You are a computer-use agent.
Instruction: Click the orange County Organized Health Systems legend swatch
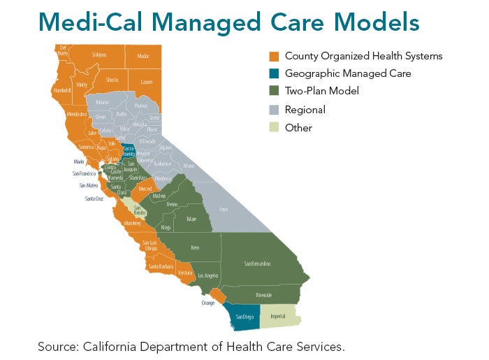coord(275,56)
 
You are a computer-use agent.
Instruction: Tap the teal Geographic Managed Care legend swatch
coord(275,73)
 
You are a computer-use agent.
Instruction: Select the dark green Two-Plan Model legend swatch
coord(275,92)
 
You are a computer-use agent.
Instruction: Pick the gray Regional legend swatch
coord(275,110)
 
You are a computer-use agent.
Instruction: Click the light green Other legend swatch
coord(275,128)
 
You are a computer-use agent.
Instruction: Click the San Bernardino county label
coord(257,263)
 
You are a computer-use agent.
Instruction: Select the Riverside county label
coord(264,294)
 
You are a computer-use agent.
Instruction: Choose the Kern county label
coord(195,247)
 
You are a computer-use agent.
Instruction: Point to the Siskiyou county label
coord(99,55)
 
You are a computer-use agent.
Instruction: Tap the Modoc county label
coord(143,55)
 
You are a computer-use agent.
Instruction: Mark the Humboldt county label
coord(64,90)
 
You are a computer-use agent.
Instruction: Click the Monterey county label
coord(132,223)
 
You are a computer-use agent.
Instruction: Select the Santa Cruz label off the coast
coord(95,199)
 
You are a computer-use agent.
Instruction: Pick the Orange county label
coord(207,303)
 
